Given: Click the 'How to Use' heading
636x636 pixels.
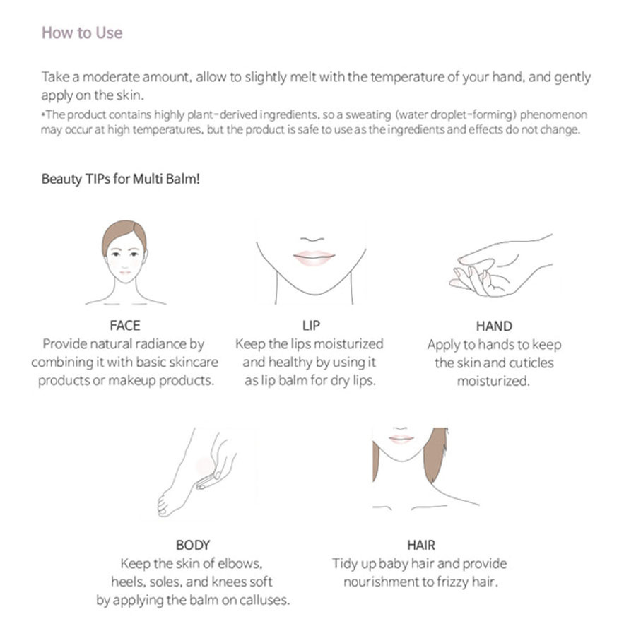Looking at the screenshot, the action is tap(82, 33).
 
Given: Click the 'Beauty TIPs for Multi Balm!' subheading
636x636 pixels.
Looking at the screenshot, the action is tap(120, 179).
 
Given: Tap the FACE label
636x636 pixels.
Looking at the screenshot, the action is tap(125, 325).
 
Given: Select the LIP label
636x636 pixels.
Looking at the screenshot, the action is tap(311, 325).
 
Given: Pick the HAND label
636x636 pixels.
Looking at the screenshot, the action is tap(494, 326).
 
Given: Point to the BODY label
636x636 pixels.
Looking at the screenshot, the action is tap(193, 545).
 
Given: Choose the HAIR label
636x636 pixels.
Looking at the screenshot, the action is tap(421, 545).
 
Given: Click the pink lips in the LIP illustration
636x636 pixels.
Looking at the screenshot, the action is tap(314, 257).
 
